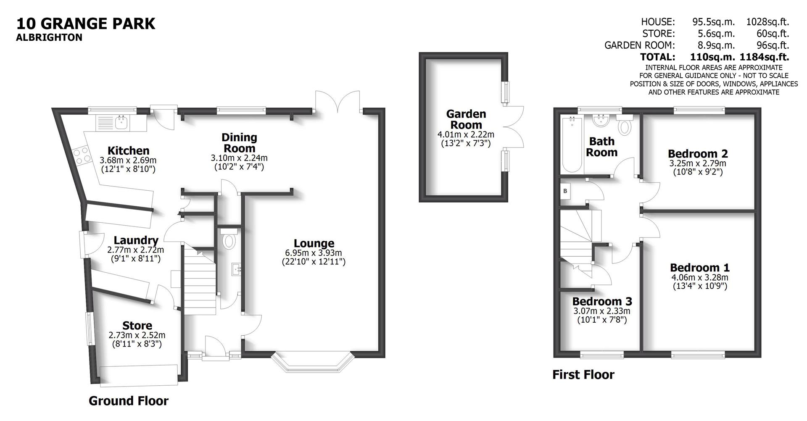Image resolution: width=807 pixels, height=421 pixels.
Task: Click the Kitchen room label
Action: point(128,150)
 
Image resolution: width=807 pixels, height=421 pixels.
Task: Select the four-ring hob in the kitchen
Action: point(82,155)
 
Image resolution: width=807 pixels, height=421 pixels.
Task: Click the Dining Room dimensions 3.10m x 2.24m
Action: point(239,158)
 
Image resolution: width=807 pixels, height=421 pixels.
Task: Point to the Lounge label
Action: point(314,243)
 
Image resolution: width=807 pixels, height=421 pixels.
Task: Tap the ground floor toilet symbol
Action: point(229,241)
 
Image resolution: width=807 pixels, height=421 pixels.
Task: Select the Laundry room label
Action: point(136,240)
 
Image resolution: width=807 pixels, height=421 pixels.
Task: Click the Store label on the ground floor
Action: point(137,326)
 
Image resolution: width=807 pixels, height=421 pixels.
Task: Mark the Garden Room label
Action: point(466,119)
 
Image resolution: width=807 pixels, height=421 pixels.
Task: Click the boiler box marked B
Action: point(565,191)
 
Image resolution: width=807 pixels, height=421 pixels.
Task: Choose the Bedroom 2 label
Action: point(697,154)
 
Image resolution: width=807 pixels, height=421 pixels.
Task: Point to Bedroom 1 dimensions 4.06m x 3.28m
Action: point(699,277)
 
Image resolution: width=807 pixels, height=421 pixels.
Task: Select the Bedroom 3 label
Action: point(602,301)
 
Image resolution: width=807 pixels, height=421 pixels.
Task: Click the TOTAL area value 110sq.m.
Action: point(712,57)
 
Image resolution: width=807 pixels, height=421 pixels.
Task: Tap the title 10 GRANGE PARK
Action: point(86,23)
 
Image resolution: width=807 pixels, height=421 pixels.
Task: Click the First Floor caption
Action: point(583,374)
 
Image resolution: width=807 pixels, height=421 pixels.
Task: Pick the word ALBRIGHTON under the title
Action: point(49,37)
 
